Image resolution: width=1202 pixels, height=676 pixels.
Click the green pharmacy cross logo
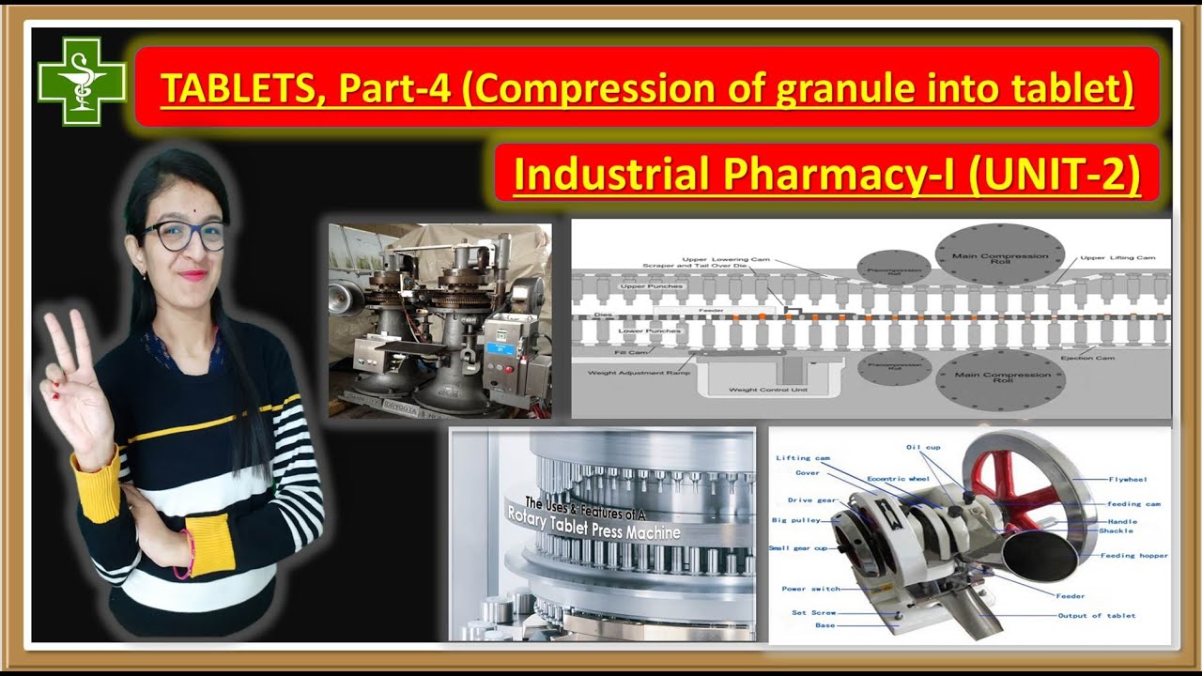tap(82, 81)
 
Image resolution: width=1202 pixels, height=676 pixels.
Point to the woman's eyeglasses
tap(185, 235)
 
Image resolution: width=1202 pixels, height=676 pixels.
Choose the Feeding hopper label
tap(1134, 556)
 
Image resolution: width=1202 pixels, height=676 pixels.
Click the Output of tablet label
tap(1096, 616)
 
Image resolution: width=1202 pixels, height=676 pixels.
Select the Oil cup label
tap(923, 447)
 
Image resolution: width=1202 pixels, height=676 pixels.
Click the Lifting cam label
tap(803, 458)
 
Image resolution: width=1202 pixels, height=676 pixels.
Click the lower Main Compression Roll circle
tap(1000, 377)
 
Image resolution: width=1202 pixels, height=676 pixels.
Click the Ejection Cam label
tap(1088, 358)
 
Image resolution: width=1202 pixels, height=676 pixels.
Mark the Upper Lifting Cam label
tap(1117, 258)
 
